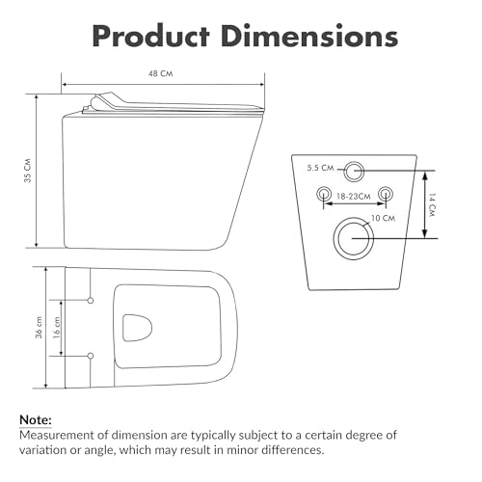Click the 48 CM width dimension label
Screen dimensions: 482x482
160,73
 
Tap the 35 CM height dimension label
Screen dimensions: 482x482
28,171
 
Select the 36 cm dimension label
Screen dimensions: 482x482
39,328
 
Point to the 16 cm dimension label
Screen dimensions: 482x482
57,328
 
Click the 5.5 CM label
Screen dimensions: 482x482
320,168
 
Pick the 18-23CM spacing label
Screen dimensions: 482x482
354,196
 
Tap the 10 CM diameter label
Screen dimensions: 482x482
383,218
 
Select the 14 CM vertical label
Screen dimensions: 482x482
432,204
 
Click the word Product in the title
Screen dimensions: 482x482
151,36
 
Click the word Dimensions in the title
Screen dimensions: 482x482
309,36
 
